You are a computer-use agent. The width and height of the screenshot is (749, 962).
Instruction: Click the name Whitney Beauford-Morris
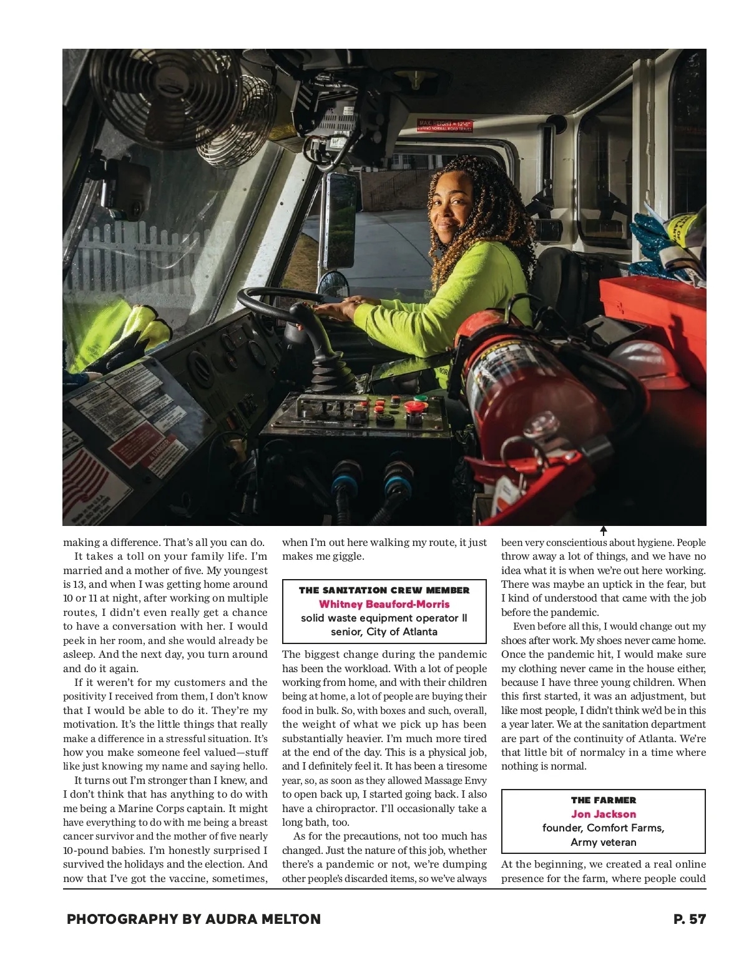[x=384, y=604]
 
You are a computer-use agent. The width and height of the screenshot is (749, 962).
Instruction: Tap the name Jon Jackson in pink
[x=604, y=814]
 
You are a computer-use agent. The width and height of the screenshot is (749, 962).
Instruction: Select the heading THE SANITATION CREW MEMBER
[x=384, y=590]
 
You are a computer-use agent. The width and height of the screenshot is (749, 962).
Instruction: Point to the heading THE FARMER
[x=604, y=800]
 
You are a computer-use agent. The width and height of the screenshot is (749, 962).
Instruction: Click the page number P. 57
[x=689, y=919]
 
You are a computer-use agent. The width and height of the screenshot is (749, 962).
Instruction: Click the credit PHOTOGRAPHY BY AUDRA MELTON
[x=193, y=919]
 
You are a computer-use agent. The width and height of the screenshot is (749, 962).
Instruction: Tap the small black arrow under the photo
[x=604, y=531]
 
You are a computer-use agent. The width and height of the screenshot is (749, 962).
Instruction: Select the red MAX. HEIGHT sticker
[x=444, y=125]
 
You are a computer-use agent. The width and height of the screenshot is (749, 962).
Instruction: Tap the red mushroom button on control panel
[x=414, y=408]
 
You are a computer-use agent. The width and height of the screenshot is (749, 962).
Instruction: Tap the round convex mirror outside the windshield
[x=332, y=284]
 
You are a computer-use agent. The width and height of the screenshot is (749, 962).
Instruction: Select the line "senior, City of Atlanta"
[x=384, y=632]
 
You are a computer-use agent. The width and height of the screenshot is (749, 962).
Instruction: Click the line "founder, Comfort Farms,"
[x=604, y=828]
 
